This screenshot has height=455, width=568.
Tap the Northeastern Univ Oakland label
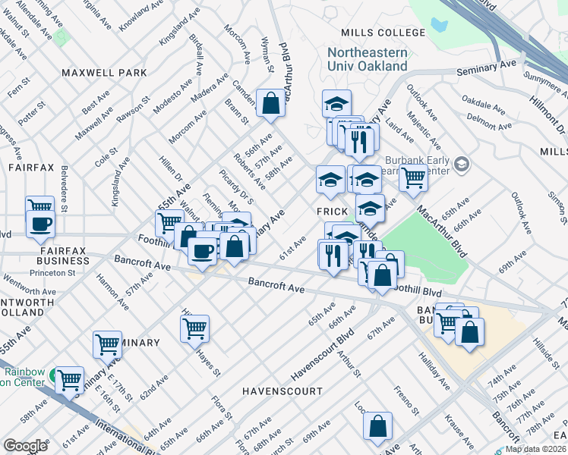[x=368, y=60]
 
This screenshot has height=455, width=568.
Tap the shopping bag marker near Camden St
[x=270, y=103]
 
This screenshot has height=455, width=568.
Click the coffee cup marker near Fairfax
[x=39, y=224]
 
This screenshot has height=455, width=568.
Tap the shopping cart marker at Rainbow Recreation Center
[x=69, y=379]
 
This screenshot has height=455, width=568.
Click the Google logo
[x=25, y=446]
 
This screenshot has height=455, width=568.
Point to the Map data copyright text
[x=536, y=449]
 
